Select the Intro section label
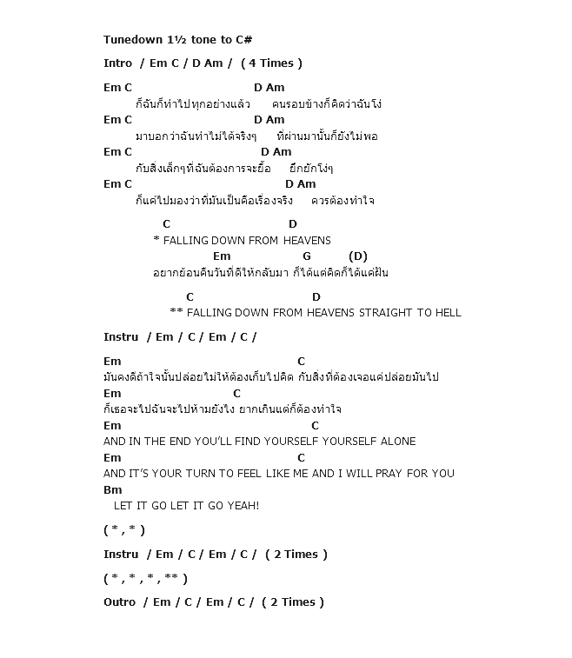pyautogui.click(x=117, y=63)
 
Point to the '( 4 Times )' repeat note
pyautogui.click(x=272, y=63)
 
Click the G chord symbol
pyautogui.click(x=307, y=256)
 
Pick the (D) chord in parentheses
pyautogui.click(x=357, y=256)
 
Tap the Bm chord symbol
pyautogui.click(x=112, y=490)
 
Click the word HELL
pyautogui.click(x=449, y=313)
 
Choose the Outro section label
pyautogui.click(x=119, y=602)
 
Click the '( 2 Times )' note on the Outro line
pyautogui.click(x=293, y=602)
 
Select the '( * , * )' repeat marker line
pyautogui.click(x=124, y=530)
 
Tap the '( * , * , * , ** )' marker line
pyautogui.click(x=145, y=579)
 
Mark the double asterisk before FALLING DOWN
pyautogui.click(x=176, y=313)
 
